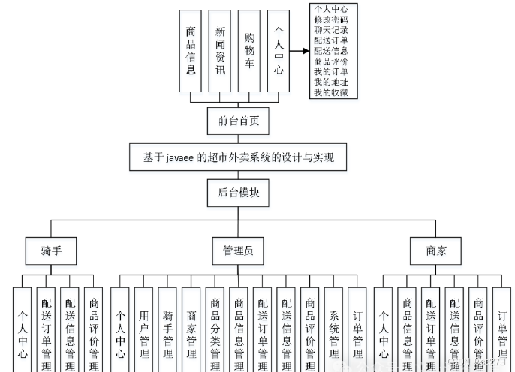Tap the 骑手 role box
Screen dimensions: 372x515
(51, 251)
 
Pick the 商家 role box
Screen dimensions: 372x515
(436, 251)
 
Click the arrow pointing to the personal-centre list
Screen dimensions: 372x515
(299, 52)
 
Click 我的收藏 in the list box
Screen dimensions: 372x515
(336, 92)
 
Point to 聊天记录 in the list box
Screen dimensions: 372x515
(336, 30)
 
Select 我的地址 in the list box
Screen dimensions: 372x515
(336, 82)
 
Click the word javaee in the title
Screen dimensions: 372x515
(178, 157)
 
